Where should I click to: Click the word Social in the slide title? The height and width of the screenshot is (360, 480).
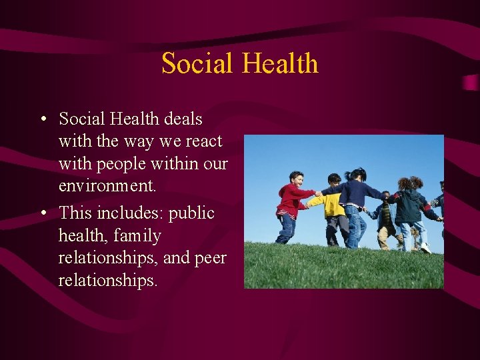point(197,63)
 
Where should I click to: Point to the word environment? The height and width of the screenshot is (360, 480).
point(107,185)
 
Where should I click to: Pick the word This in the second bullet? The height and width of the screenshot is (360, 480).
point(74,213)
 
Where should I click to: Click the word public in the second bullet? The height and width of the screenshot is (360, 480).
point(191,213)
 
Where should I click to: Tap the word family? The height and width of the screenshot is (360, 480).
point(137,236)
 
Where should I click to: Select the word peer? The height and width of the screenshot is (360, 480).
point(210,258)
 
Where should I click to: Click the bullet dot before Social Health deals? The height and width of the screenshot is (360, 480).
point(42,120)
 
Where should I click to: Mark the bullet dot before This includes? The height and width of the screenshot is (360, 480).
point(42,214)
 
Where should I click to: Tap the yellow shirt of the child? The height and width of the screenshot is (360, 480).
point(333,205)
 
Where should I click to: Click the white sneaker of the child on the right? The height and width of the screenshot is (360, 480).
point(425,248)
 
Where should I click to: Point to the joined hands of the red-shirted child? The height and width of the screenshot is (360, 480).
point(319,194)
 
